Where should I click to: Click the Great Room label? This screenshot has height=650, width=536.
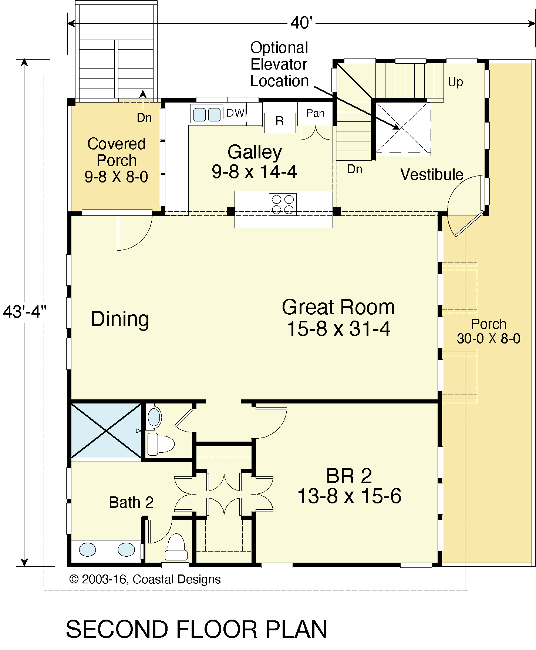tap(338, 307)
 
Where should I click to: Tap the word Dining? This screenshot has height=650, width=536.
tap(120, 319)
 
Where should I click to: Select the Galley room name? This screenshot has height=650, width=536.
tap(254, 152)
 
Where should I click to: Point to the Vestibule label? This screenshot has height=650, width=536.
tap(432, 174)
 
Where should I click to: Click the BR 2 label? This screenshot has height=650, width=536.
tap(349, 476)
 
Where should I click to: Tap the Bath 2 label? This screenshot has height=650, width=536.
tap(131, 503)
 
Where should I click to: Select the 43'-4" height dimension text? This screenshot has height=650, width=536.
tap(24, 312)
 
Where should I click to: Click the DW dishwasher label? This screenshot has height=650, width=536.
tap(236, 113)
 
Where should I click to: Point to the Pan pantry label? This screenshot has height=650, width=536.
tap(315, 113)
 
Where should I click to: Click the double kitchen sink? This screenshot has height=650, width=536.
tap(206, 113)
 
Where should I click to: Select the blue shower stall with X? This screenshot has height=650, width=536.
tap(106, 430)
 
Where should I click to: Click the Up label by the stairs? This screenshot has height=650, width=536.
tap(455, 82)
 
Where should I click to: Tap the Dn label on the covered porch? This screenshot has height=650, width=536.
tap(144, 117)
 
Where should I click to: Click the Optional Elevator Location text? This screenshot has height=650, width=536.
tap(279, 64)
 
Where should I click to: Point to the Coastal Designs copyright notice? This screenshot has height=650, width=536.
tap(145, 579)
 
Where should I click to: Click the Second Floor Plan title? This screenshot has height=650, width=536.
tap(197, 629)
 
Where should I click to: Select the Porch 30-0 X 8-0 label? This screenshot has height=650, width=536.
tap(489, 331)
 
